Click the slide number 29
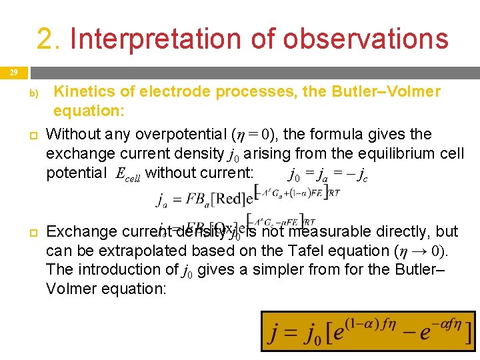coord(14,72)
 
